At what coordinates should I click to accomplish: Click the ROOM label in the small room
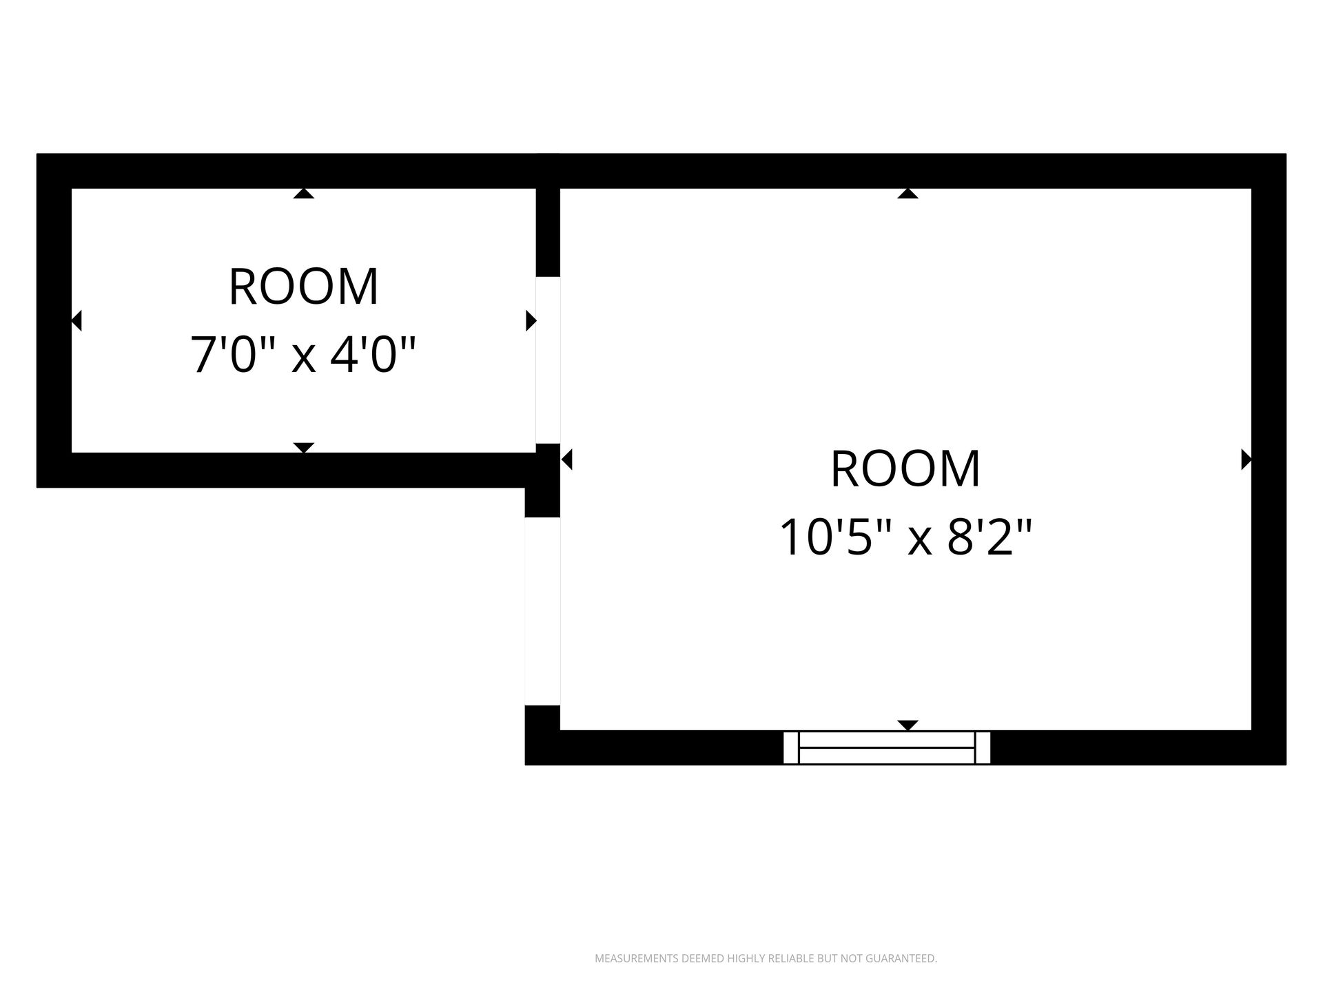pyautogui.click(x=304, y=287)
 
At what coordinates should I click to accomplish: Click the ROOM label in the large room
pyautogui.click(x=905, y=469)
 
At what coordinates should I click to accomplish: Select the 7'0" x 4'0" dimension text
pyautogui.click(x=304, y=354)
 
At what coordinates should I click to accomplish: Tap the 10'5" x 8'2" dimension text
pyautogui.click(x=905, y=537)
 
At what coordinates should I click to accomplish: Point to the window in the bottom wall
pyautogui.click(x=887, y=747)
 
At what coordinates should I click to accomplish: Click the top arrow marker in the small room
pyautogui.click(x=304, y=194)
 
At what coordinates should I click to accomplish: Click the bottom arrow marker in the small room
pyautogui.click(x=304, y=448)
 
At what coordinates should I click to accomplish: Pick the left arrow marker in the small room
pyautogui.click(x=76, y=320)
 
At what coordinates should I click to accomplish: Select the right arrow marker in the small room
pyautogui.click(x=531, y=320)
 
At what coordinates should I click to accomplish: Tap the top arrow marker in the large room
pyautogui.click(x=908, y=194)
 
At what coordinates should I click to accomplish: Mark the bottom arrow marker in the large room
pyautogui.click(x=908, y=725)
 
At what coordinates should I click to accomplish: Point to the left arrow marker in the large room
pyautogui.click(x=566, y=459)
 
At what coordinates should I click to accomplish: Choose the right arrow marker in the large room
pyautogui.click(x=1247, y=459)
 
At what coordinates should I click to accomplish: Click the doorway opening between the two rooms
pyautogui.click(x=548, y=360)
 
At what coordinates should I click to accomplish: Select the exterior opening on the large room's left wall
pyautogui.click(x=542, y=611)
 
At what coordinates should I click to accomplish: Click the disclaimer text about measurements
pyautogui.click(x=766, y=958)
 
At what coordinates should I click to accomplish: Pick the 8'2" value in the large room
pyautogui.click(x=989, y=537)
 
